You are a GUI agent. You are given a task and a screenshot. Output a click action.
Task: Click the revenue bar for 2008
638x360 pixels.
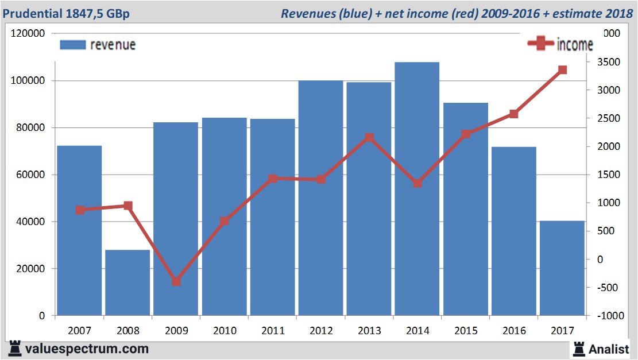(127, 282)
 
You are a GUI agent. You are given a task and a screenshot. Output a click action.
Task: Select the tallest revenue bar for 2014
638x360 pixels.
(417, 189)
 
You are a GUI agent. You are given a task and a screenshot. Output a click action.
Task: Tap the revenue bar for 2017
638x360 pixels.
(562, 268)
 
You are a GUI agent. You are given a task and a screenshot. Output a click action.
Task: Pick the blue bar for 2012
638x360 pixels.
(320, 198)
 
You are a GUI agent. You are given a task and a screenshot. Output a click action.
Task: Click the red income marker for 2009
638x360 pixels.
(176, 281)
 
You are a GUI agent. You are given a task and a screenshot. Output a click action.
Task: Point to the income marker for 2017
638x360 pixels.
(562, 70)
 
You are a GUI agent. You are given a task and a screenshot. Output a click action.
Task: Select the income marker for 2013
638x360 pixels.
(369, 138)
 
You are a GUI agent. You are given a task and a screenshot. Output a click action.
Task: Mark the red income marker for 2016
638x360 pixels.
(514, 114)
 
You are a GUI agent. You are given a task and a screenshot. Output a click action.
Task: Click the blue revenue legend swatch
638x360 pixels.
(72, 45)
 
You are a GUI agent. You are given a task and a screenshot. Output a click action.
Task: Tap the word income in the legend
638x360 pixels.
(575, 45)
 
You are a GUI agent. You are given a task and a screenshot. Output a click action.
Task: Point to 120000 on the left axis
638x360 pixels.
(28, 33)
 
